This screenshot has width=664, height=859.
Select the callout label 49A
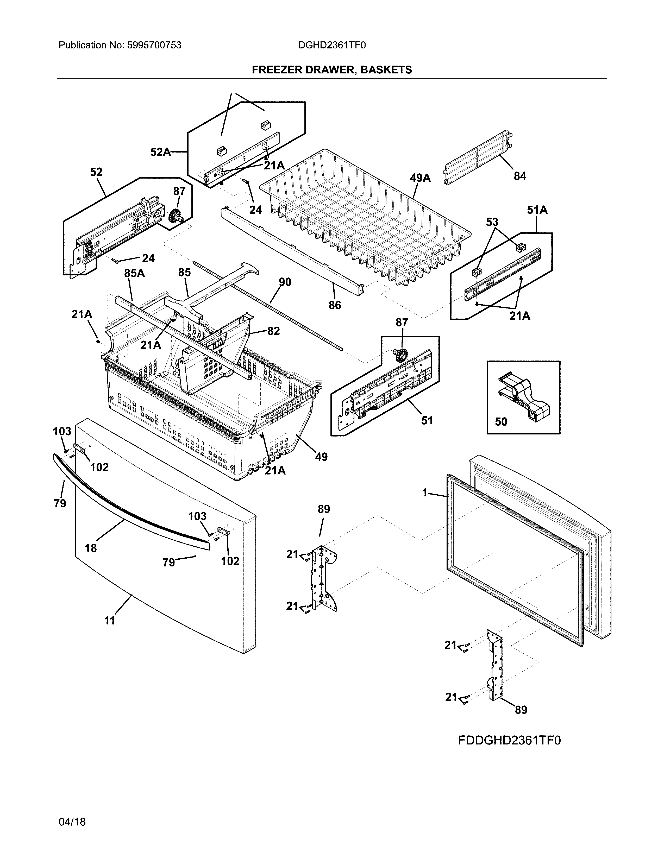420,178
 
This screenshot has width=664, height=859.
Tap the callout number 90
285,282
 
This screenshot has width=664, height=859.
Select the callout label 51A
537,210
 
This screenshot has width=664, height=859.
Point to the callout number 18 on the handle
91,548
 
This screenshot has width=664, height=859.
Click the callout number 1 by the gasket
424,492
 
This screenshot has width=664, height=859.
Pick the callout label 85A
135,273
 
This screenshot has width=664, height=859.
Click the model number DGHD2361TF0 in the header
331,45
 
